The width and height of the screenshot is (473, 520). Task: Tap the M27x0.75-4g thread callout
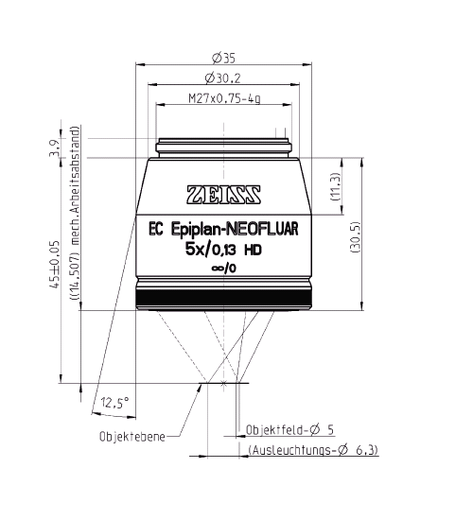(224, 98)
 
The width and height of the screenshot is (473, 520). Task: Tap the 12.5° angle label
(116, 401)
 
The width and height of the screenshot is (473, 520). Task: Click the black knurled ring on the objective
(224, 299)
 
